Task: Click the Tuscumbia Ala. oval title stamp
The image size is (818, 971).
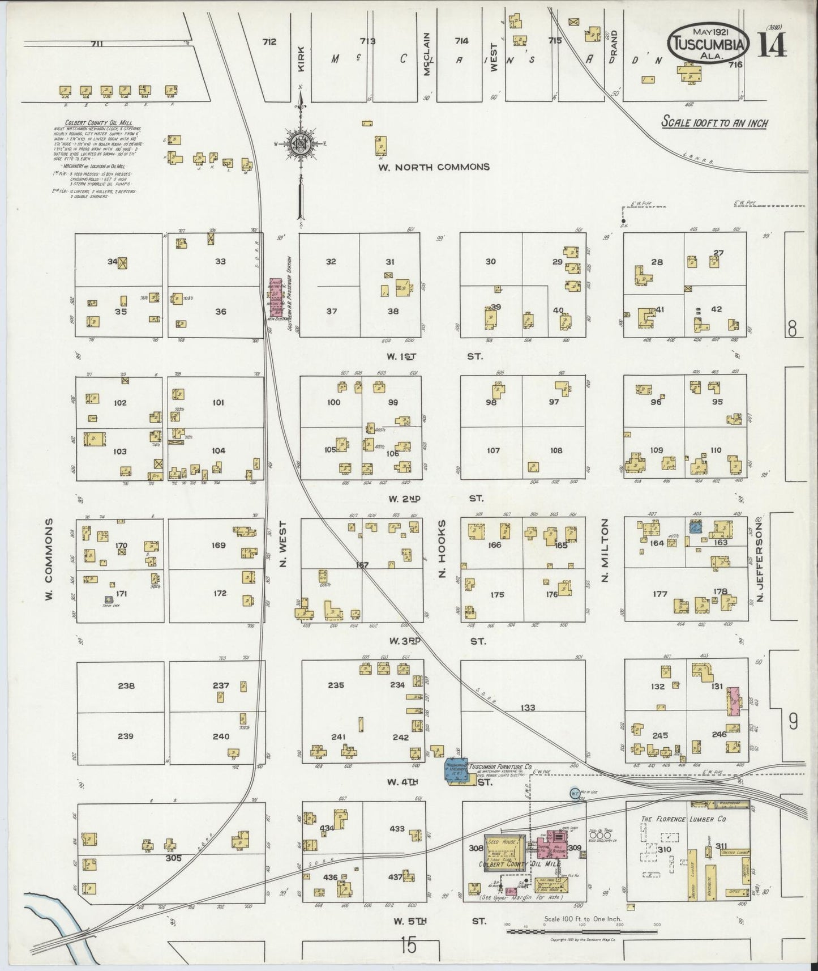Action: (x=709, y=45)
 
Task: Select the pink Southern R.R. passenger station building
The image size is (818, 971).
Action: (x=276, y=298)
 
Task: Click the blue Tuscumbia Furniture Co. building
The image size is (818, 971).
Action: (x=456, y=772)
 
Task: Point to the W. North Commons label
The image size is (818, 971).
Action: (x=434, y=167)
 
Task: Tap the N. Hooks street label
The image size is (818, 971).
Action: (x=443, y=549)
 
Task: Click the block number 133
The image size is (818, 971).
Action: (x=528, y=708)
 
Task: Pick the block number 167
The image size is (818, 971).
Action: (x=362, y=565)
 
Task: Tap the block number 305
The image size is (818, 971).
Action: (x=173, y=858)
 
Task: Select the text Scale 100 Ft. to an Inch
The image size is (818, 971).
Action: (x=715, y=122)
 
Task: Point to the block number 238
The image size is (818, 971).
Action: (x=126, y=686)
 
